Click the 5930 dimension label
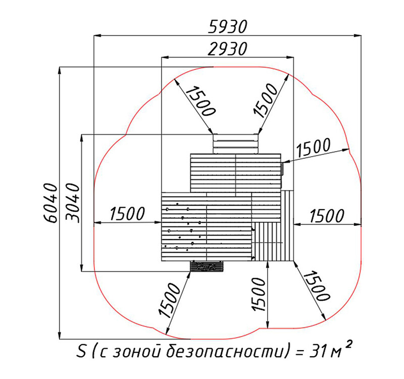click(228, 27)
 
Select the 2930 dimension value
click(228, 49)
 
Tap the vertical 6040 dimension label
click(49, 203)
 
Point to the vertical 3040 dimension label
click(73, 203)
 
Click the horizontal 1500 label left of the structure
click(127, 214)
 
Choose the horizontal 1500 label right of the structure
click(327, 216)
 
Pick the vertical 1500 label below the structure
click(259, 294)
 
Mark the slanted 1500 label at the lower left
click(169, 300)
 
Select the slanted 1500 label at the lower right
click(316, 286)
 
